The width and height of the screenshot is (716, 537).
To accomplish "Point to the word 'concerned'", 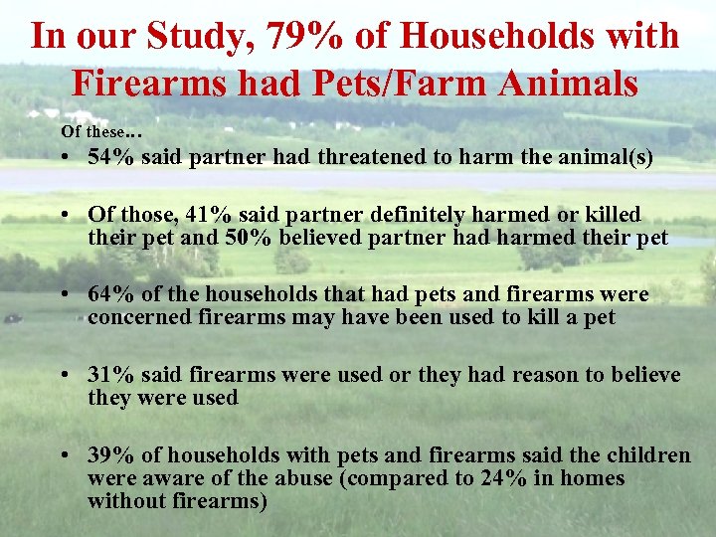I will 135,317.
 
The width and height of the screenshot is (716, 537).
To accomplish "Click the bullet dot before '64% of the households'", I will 63,295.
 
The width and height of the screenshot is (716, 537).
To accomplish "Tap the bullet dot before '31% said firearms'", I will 63,375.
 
